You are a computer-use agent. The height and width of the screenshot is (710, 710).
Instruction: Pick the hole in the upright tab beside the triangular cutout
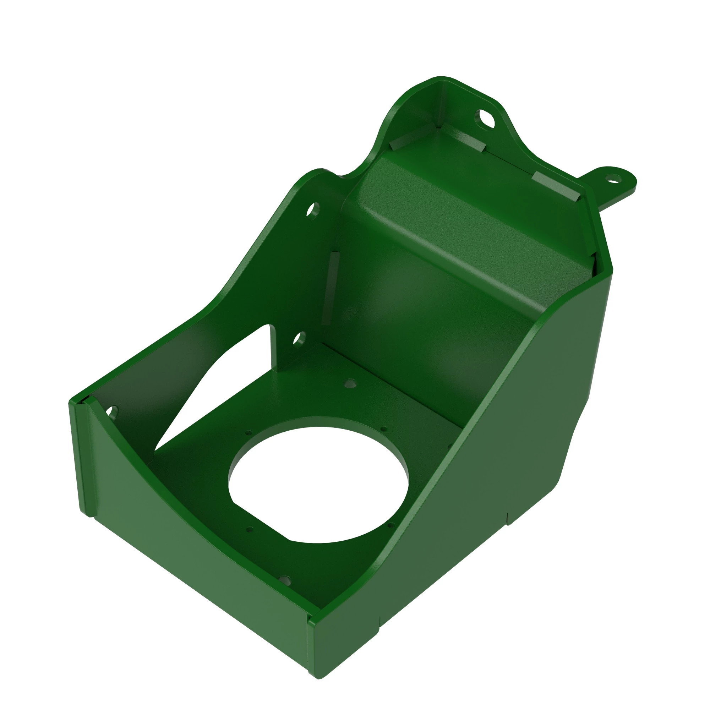[300, 338]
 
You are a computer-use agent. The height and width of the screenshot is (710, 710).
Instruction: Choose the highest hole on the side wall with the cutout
[313, 211]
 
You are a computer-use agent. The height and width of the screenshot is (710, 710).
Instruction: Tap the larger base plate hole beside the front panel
[284, 581]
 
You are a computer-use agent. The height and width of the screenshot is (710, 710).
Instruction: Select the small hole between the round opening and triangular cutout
[249, 433]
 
